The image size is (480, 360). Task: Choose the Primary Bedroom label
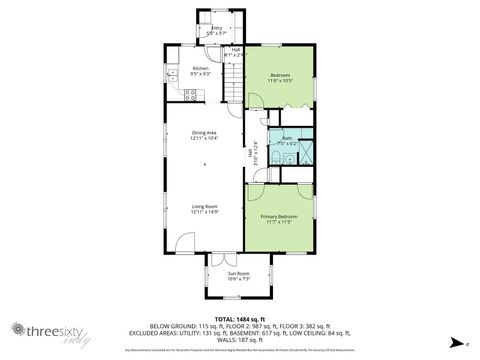pos(279,218)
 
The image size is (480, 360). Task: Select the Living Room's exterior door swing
pos(185,243)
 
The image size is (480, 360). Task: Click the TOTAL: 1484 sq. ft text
pos(239,316)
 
